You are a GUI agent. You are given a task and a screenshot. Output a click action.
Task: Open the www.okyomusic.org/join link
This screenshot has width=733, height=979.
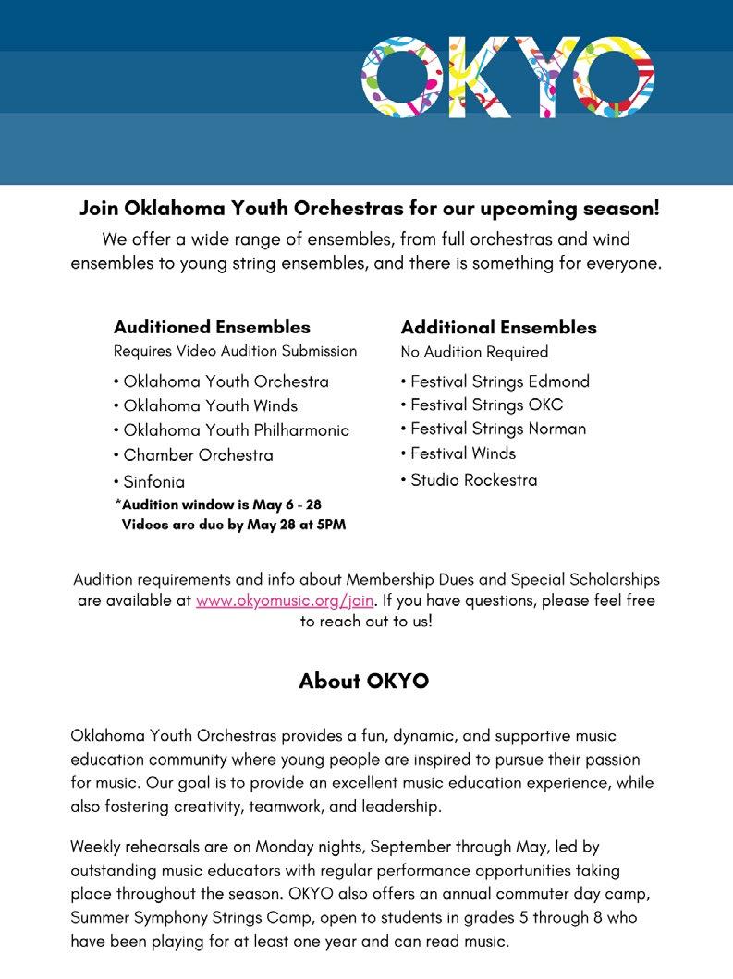pos(286,600)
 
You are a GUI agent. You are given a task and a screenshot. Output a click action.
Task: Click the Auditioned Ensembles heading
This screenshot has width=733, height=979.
pos(212,327)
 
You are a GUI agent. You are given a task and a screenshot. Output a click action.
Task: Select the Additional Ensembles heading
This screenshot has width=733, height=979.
pos(498,327)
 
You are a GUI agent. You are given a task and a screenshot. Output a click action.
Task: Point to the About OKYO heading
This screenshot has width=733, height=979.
pos(363,682)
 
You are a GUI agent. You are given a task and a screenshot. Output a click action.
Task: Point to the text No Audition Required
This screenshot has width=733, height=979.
pos(474,352)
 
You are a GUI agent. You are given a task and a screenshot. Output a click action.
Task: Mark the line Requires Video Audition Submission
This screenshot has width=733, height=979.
pos(235,351)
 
